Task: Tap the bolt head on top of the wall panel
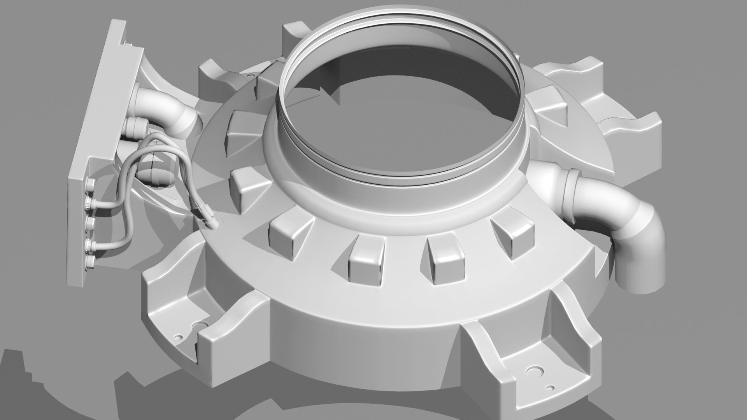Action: coord(128,44)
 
